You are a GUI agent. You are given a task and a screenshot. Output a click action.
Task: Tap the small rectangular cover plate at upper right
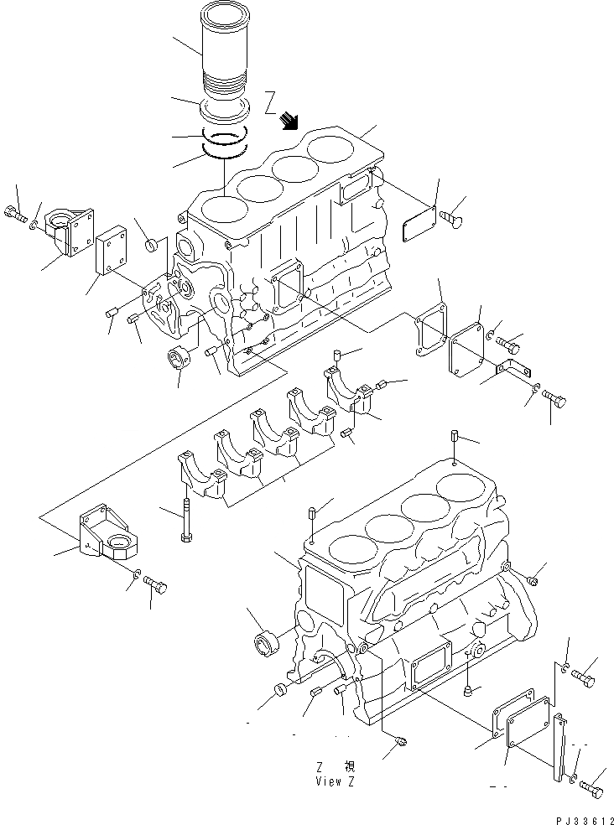(x=416, y=227)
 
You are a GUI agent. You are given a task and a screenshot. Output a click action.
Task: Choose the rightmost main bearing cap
(x=346, y=387)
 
